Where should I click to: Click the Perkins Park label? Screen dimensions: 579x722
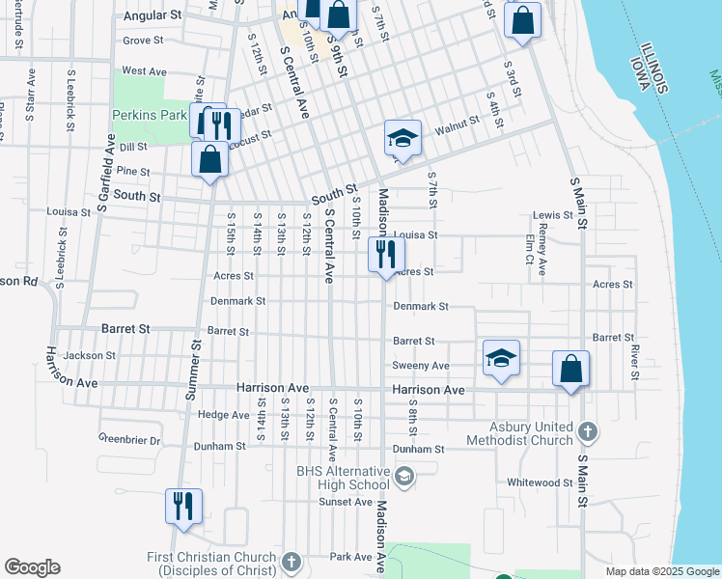click(149, 115)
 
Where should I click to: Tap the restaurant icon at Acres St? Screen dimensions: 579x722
click(383, 256)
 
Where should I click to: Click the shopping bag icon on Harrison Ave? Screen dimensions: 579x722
click(570, 369)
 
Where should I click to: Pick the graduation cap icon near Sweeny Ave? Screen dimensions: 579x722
click(501, 358)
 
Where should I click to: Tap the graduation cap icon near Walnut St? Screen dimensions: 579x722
click(403, 138)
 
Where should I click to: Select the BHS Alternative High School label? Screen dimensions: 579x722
click(343, 478)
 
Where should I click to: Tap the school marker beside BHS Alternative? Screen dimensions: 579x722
click(404, 475)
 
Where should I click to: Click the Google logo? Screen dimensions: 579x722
click(32, 567)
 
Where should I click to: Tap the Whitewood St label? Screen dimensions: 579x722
click(541, 482)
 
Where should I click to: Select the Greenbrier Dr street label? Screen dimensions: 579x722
click(128, 440)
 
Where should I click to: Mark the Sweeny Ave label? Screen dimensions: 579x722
click(420, 366)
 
